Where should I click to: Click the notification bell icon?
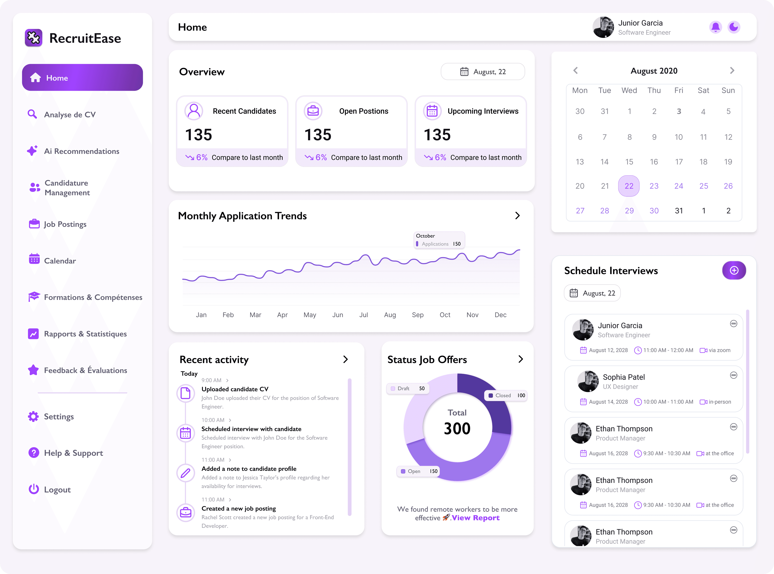[715, 27]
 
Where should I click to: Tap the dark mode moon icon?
[734, 27]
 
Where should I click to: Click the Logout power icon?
[34, 489]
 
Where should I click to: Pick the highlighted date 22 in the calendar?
[629, 186]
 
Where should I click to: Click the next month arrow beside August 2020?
[732, 71]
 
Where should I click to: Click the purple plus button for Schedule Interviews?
[734, 270]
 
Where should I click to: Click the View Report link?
[475, 518]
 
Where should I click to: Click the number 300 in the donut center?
[457, 428]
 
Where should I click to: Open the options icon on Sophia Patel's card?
[733, 375]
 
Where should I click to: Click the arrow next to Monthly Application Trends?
[517, 216]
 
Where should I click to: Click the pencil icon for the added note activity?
[185, 473]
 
